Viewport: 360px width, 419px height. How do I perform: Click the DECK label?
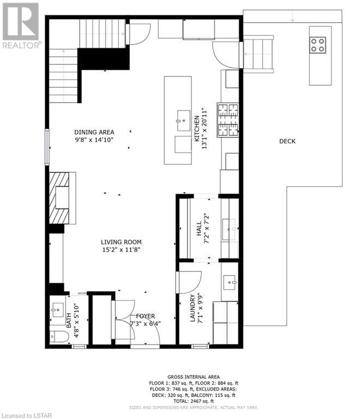(x=287, y=141)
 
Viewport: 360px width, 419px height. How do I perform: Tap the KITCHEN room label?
(x=197, y=129)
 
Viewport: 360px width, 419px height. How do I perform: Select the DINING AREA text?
(x=94, y=132)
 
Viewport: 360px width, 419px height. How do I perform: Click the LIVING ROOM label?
(x=121, y=242)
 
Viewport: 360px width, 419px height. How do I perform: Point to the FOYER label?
(x=146, y=316)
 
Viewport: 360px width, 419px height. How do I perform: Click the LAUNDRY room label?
(x=193, y=308)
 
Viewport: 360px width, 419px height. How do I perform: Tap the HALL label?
(x=199, y=229)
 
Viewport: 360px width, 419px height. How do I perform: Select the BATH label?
(x=69, y=321)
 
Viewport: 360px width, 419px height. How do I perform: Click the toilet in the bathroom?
(x=58, y=337)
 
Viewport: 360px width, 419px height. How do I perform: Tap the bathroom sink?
(x=58, y=310)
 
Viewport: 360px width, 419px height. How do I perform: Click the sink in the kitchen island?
(x=184, y=121)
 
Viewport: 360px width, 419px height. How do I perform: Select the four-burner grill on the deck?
(x=318, y=45)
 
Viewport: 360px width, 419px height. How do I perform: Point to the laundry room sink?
(x=230, y=283)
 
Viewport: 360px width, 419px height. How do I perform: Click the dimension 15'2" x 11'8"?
(x=121, y=250)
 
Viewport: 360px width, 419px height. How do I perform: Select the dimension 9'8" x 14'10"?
(x=94, y=140)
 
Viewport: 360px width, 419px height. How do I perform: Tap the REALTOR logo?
(x=21, y=26)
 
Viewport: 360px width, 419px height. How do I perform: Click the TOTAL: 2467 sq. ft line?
(x=194, y=401)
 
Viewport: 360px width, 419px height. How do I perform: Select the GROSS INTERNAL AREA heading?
(x=194, y=377)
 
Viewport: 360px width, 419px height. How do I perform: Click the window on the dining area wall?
(x=47, y=147)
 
